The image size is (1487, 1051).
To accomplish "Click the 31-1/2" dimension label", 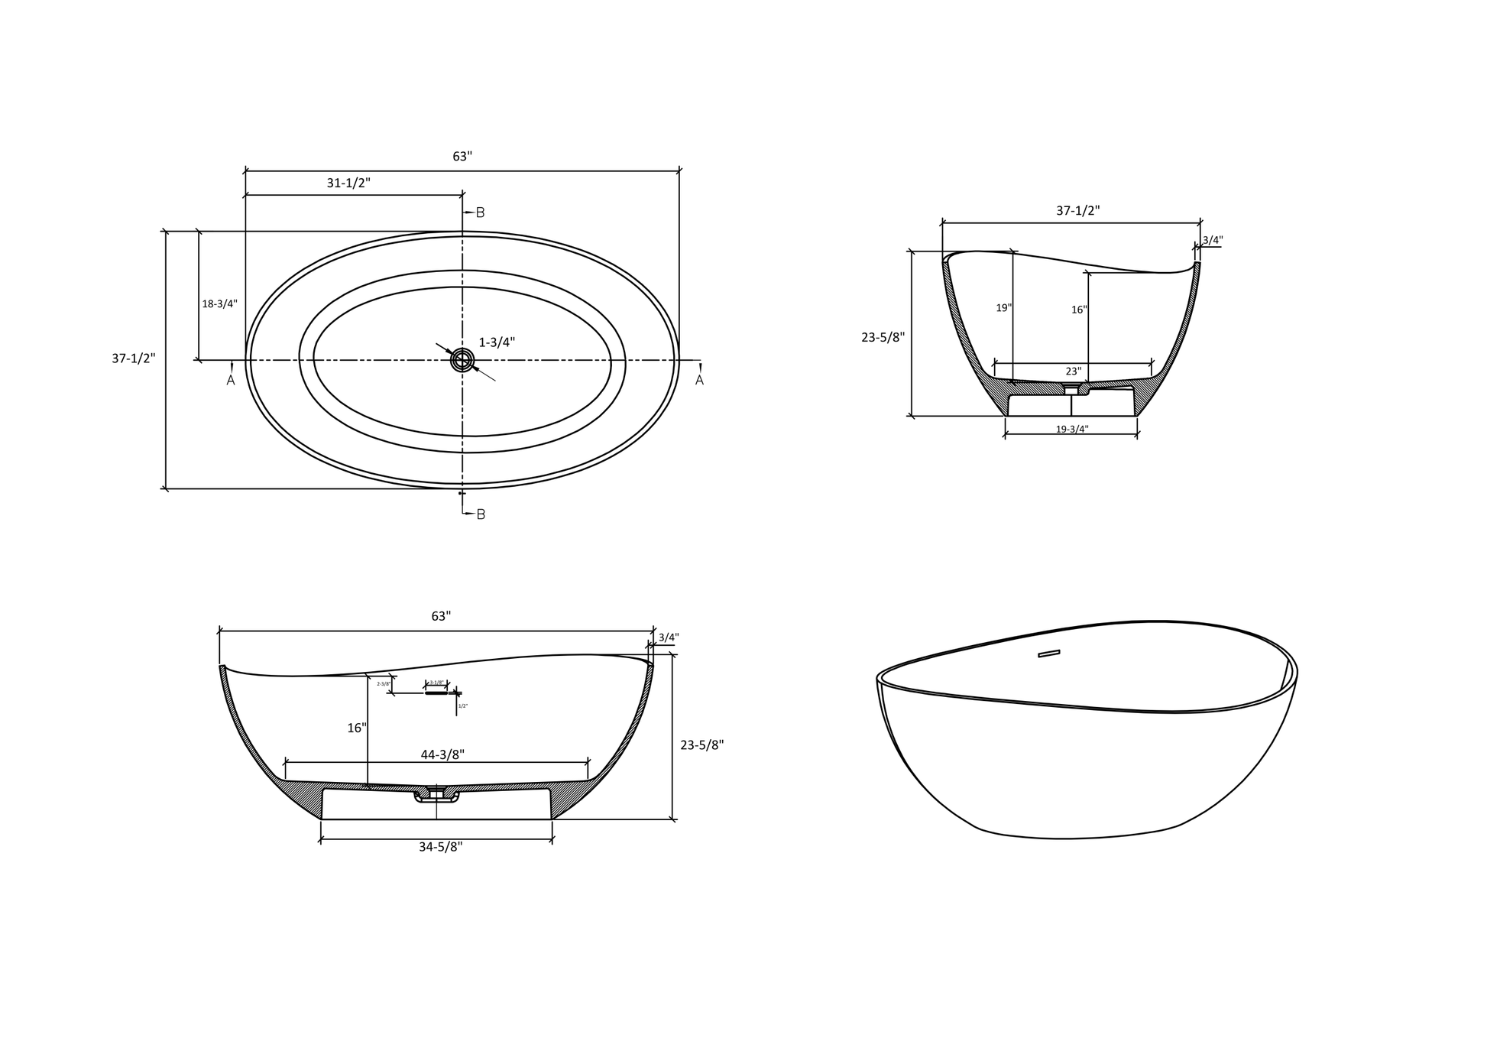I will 348,183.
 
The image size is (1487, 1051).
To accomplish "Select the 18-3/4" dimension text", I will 219,303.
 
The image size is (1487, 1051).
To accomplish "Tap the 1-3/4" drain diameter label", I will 497,342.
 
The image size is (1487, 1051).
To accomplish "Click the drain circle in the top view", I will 462,359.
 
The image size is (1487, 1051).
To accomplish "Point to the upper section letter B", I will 481,212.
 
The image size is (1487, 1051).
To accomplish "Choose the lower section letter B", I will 481,514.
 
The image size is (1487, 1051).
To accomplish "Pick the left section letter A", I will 231,380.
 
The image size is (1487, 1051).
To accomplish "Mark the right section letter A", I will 699,380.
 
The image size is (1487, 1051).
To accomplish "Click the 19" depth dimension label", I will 1003,308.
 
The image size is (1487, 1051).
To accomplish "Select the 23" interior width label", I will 1074,371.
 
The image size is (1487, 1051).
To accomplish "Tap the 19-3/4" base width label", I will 1071,430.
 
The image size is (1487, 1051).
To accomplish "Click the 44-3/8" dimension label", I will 442,755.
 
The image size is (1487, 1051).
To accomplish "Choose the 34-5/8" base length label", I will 440,847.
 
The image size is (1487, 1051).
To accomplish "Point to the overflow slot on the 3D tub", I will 1048,654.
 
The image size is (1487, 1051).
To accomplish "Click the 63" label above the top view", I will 462,157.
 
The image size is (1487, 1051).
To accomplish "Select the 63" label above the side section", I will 441,616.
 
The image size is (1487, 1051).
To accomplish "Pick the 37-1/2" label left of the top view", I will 134,358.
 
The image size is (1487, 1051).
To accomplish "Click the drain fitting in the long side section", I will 436,794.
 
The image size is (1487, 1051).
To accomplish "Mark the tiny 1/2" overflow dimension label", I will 463,706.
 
